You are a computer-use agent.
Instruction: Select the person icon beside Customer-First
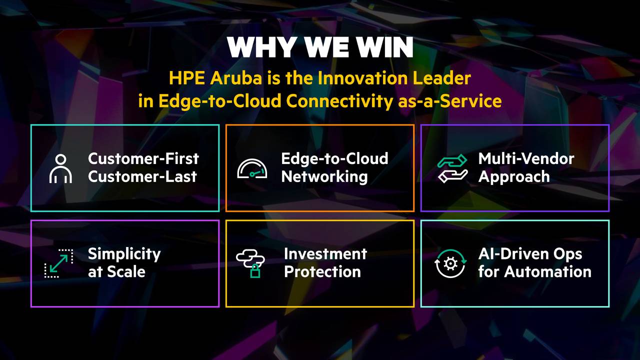click(x=60, y=168)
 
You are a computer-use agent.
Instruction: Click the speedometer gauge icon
click(x=252, y=168)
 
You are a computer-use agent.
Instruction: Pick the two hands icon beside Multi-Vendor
click(x=452, y=168)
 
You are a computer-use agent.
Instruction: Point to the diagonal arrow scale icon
click(x=58, y=263)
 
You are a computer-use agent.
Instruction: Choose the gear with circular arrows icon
click(x=450, y=263)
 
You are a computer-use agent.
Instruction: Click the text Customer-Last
click(x=142, y=176)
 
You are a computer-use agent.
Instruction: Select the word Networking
click(x=324, y=176)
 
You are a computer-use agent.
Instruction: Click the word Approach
click(x=514, y=176)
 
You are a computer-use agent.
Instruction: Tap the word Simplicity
click(x=124, y=254)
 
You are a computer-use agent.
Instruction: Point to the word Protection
click(x=322, y=271)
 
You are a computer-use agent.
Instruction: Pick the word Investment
click(x=325, y=253)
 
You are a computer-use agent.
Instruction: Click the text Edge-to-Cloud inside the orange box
click(x=334, y=158)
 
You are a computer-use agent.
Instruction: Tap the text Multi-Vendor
click(x=526, y=158)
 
